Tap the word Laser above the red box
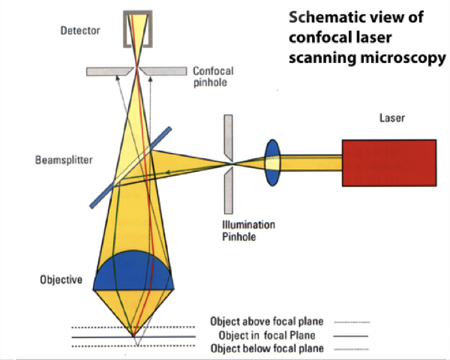pos(393,118)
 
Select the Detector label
pos(79,31)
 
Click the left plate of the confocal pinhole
pos(109,70)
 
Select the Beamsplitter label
pos(58,160)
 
